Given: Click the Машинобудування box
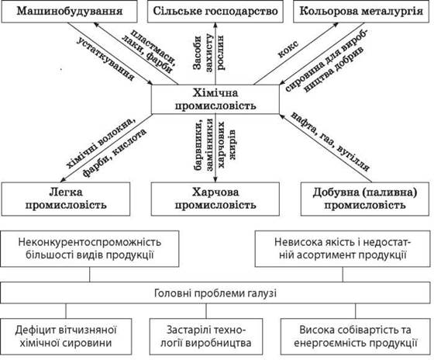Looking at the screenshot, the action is click(x=69, y=12).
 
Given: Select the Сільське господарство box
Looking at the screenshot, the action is click(x=215, y=12).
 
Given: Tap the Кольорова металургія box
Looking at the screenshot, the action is click(x=361, y=12).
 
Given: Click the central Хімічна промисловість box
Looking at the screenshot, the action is click(x=215, y=99).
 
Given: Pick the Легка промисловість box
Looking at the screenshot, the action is click(x=66, y=199).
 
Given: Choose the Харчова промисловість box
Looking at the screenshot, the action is click(x=215, y=199).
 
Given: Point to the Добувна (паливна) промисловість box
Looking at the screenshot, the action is click(x=365, y=199).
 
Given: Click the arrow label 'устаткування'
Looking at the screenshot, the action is click(x=105, y=59).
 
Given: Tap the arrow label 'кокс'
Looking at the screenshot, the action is click(x=288, y=49).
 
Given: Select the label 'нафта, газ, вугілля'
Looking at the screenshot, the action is click(x=330, y=141).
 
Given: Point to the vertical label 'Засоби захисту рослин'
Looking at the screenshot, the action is click(x=208, y=52).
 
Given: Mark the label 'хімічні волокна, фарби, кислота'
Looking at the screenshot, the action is click(x=106, y=148).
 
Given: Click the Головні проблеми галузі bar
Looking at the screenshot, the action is click(x=215, y=293).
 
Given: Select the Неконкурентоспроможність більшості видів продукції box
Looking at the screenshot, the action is click(x=90, y=248).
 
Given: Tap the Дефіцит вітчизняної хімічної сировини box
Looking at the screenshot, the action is click(x=66, y=337).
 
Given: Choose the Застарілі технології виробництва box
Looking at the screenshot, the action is click(x=206, y=337).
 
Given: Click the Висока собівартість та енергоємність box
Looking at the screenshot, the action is click(x=356, y=337).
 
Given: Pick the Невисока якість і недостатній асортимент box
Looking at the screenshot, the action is click(x=343, y=248).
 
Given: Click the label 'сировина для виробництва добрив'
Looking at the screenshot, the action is click(x=326, y=61).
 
